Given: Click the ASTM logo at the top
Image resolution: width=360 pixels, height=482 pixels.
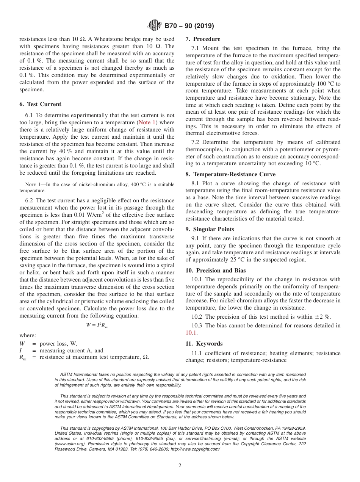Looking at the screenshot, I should point(154,26).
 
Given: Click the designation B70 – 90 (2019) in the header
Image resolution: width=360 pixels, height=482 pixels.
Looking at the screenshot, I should point(189,26).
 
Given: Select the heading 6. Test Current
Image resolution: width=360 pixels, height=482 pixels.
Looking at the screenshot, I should point(40,104).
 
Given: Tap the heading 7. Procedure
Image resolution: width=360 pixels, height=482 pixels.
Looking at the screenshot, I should point(203,39).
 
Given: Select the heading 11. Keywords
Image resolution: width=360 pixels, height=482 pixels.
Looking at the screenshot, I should point(204,344).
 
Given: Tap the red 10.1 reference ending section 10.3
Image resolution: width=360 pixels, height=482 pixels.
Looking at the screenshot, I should point(191,333).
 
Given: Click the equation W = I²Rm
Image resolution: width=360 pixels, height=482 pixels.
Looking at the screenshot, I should point(97,326).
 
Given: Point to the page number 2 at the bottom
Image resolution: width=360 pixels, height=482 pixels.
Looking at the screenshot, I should point(180,466).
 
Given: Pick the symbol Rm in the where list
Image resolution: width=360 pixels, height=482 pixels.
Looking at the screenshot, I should point(23,357).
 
